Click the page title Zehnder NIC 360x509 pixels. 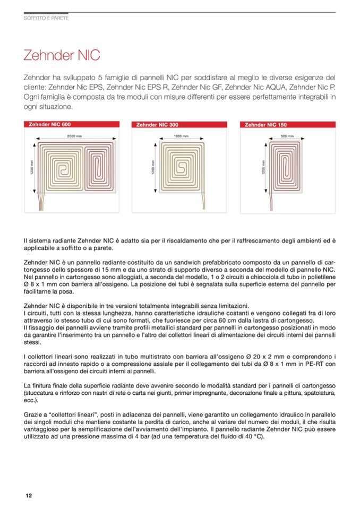pos(62,56)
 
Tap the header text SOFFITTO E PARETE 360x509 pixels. pos(46,18)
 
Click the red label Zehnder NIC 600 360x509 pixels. pos(48,125)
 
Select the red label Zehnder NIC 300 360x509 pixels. pos(157,125)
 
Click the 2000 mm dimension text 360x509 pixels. pos(74,136)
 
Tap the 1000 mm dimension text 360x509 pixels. pos(182,136)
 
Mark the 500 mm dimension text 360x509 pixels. pos(287,136)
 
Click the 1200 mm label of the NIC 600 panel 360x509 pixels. pos(32,169)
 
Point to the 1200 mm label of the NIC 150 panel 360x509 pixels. pos(263,169)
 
